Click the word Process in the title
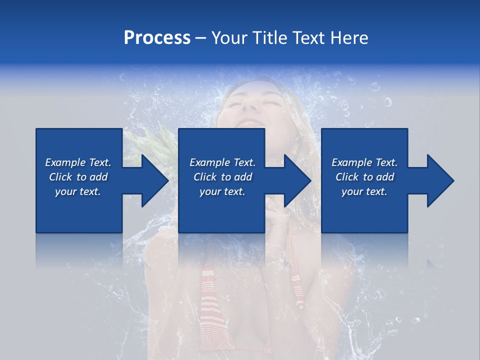pyautogui.click(x=157, y=38)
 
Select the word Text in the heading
pyautogui.click(x=308, y=38)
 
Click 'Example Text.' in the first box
pyautogui.click(x=78, y=162)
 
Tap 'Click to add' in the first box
pyautogui.click(x=78, y=177)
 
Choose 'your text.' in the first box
pyautogui.click(x=78, y=191)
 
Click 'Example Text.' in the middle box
pyautogui.click(x=222, y=162)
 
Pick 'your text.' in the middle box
pyautogui.click(x=222, y=191)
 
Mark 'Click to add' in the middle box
pyautogui.click(x=222, y=177)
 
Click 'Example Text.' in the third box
pyautogui.click(x=364, y=162)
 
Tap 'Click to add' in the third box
pyautogui.click(x=364, y=177)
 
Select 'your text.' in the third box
pyautogui.click(x=364, y=191)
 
